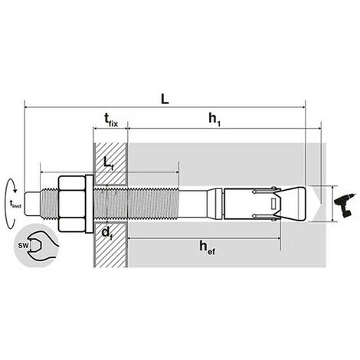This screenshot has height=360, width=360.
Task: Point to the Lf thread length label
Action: pos(107,163)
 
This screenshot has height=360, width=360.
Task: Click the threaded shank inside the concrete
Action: pos(153,203)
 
